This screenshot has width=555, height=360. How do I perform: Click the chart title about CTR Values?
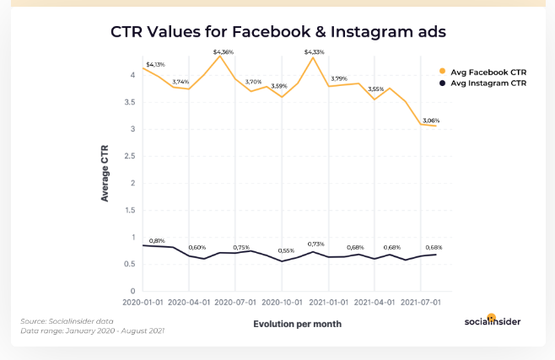(277, 32)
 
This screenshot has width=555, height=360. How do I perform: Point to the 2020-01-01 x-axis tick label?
(143, 301)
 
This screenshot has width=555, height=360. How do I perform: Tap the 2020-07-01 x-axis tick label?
(235, 301)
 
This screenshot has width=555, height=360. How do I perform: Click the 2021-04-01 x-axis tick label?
(374, 301)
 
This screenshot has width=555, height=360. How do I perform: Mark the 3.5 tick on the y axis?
(129, 102)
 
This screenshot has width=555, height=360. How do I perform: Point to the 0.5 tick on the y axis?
(129, 264)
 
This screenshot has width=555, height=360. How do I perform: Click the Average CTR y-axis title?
(105, 172)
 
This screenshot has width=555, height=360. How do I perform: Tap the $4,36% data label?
(224, 51)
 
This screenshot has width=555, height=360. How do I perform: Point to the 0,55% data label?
(286, 250)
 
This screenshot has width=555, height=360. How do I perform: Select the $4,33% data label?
(314, 51)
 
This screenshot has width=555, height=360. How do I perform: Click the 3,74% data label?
(181, 82)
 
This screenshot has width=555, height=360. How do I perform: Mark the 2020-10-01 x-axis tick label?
(282, 301)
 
